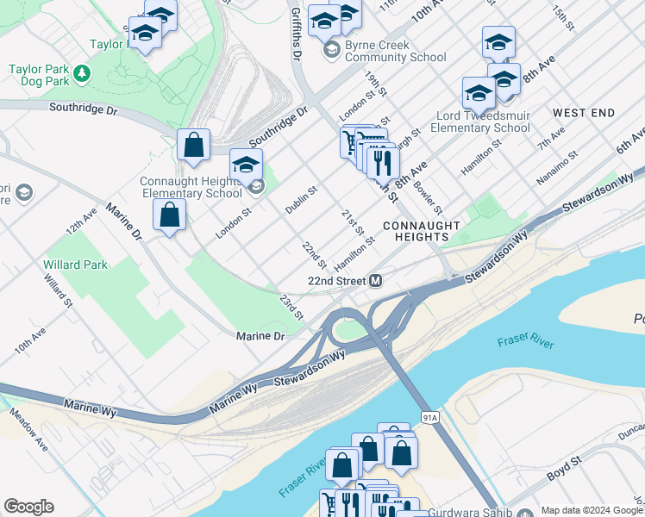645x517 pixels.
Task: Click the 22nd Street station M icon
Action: point(376,281)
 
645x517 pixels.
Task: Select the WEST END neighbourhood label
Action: point(584,113)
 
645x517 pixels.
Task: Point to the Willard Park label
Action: point(76,265)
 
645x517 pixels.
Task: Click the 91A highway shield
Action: point(430,417)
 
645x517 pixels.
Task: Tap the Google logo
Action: point(28,507)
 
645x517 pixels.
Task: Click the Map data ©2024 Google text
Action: point(591,510)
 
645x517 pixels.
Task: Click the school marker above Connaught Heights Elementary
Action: point(246,164)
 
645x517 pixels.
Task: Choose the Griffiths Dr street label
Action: point(296,30)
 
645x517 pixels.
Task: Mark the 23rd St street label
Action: point(291,308)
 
